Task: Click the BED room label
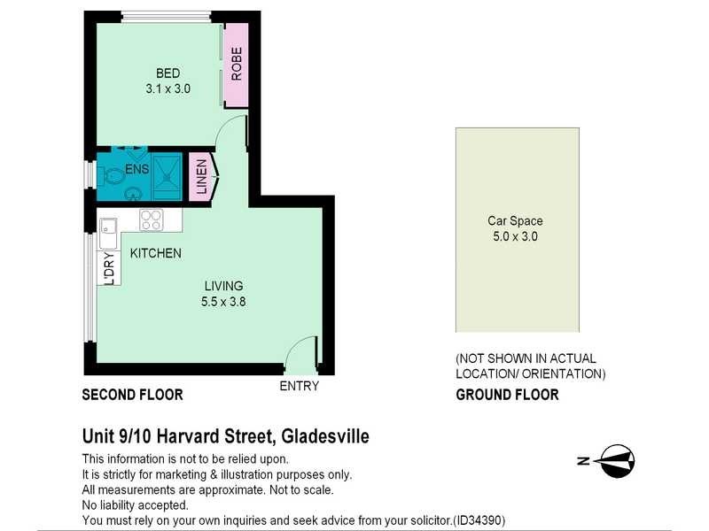pyautogui.click(x=168, y=73)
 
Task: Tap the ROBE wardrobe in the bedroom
pyautogui.click(x=236, y=64)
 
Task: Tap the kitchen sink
pyautogui.click(x=107, y=234)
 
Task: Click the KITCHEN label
pyautogui.click(x=156, y=253)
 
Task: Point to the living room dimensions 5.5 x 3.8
pyautogui.click(x=223, y=301)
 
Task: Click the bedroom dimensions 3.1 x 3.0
pyautogui.click(x=168, y=88)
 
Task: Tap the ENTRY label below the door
pyautogui.click(x=299, y=386)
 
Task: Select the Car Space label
pyautogui.click(x=515, y=221)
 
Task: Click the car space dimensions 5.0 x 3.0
pyautogui.click(x=515, y=236)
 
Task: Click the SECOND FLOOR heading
pyautogui.click(x=132, y=396)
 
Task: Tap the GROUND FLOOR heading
pyautogui.click(x=507, y=396)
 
